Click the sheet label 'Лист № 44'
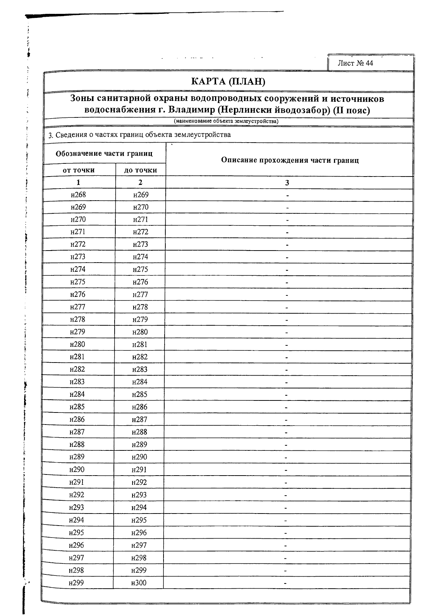355,63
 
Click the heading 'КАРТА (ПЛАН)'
228,81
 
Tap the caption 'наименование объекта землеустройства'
226,121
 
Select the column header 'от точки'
78,170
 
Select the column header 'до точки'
141,170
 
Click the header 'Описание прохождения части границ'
290,160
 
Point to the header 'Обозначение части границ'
104,154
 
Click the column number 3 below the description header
287,183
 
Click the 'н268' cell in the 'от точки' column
78,195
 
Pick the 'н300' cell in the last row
139,583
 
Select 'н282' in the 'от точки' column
77,369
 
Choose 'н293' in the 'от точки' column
76,508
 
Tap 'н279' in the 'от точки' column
77,332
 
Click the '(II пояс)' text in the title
351,110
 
